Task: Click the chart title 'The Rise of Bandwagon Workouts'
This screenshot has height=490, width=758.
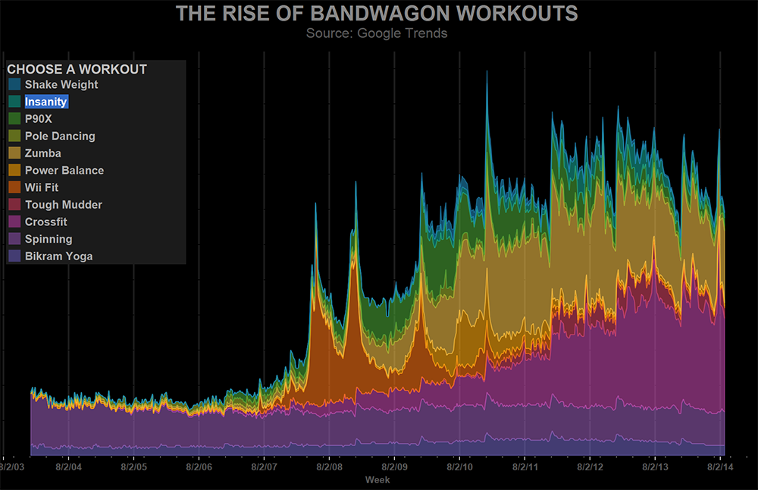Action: pyautogui.click(x=377, y=14)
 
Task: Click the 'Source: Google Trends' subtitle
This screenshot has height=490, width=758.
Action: pyautogui.click(x=377, y=33)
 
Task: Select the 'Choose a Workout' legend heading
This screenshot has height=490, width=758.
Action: pyautogui.click(x=77, y=69)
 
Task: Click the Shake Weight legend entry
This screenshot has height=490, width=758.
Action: pyautogui.click(x=61, y=85)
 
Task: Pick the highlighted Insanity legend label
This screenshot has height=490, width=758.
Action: pyautogui.click(x=46, y=102)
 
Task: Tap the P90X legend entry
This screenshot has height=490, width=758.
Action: pyautogui.click(x=38, y=119)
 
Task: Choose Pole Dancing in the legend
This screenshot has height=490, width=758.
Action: pyautogui.click(x=60, y=137)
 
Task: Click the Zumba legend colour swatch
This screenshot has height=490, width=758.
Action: pyautogui.click(x=14, y=153)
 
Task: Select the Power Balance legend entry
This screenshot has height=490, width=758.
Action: pyautogui.click(x=64, y=171)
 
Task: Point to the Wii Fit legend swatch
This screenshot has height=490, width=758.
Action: pyautogui.click(x=14, y=187)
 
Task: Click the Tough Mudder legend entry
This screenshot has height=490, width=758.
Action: pyautogui.click(x=63, y=205)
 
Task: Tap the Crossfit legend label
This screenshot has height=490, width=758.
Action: pyautogui.click(x=46, y=222)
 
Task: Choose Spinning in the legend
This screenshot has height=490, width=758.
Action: pyautogui.click(x=49, y=239)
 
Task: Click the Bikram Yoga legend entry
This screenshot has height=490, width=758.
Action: pyautogui.click(x=58, y=256)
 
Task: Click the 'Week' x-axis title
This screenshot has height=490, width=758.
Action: pyautogui.click(x=377, y=479)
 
